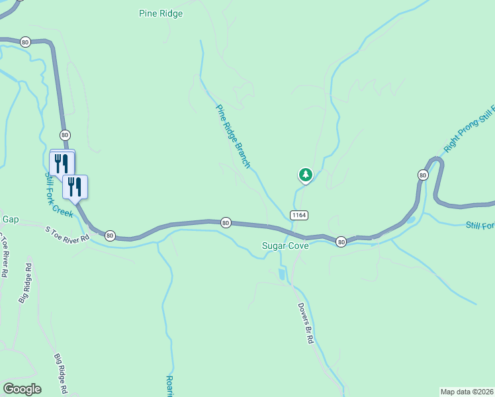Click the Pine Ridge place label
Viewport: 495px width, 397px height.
point(161,13)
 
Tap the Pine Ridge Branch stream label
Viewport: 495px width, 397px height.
point(234,136)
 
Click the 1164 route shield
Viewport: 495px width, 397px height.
point(298,216)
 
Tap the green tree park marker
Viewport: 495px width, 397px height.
point(305,175)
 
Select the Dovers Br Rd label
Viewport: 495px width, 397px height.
point(304,323)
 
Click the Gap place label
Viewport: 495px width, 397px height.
point(10,219)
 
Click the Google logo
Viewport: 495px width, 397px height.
point(22,389)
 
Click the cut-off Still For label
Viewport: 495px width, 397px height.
point(480,226)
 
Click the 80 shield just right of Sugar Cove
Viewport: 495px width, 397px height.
point(340,242)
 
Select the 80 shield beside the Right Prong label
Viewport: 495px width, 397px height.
point(422,175)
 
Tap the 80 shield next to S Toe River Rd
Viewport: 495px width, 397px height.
point(110,235)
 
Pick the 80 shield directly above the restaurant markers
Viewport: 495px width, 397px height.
point(64,135)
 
